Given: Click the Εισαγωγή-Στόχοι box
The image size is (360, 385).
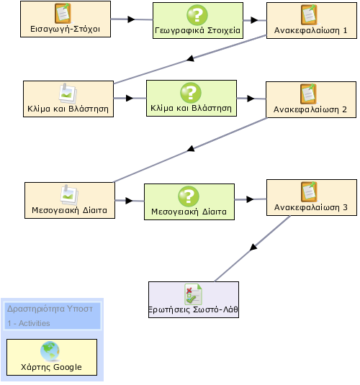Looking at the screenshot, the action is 66,19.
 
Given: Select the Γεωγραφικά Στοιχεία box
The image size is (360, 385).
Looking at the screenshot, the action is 198,21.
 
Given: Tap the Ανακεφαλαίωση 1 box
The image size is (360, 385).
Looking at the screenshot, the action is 312,21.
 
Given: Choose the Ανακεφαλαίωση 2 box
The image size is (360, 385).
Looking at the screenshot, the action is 311,100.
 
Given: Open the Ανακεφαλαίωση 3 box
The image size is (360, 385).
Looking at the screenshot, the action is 312,198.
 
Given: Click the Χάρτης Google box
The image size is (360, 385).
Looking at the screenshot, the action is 52,357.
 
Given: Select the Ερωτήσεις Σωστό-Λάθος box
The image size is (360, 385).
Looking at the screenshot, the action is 194,300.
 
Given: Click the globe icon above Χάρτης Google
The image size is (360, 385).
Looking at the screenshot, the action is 50,351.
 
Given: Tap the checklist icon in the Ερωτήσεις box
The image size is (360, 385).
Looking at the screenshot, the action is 194,294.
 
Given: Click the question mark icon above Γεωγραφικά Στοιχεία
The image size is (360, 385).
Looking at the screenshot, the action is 197,15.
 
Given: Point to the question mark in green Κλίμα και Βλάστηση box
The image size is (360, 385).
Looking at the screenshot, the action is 191,93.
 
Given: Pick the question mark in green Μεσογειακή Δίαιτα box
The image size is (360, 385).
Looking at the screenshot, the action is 189,196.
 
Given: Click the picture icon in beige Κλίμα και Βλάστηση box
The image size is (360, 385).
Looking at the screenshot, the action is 68,94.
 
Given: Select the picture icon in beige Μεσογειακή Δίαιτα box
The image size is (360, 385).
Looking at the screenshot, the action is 69,195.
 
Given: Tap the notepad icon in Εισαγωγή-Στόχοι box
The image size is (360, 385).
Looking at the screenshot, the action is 63,13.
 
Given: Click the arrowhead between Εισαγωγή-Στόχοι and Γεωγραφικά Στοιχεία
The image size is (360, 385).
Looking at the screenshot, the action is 132,19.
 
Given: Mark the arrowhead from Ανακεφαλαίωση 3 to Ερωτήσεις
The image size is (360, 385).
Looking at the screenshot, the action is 253,247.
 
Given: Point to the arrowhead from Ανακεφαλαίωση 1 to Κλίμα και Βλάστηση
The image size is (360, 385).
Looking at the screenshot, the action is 191,58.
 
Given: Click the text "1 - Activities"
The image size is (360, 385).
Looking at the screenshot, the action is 29,323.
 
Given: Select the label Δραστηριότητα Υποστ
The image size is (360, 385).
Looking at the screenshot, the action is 50,309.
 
